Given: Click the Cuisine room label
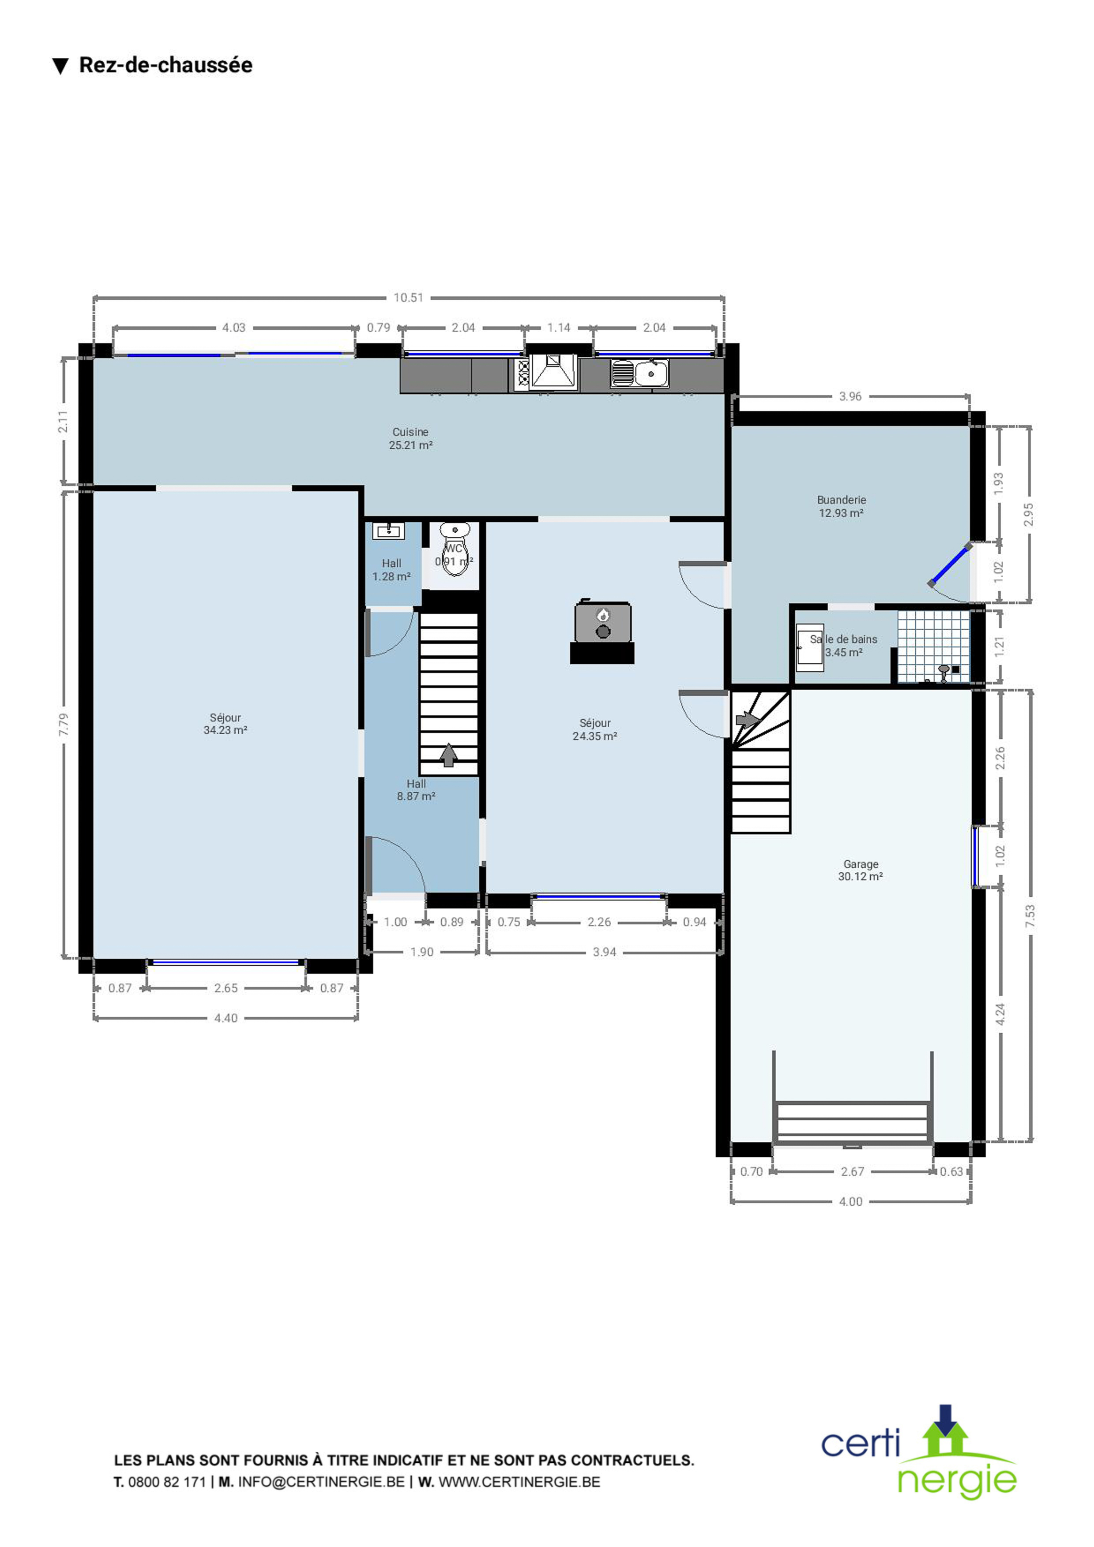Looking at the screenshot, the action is (410, 432).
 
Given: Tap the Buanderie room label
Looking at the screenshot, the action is (841, 500).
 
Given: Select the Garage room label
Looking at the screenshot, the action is (861, 864).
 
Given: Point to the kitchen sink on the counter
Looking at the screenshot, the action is (640, 373).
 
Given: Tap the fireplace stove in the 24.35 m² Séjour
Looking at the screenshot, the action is (603, 632).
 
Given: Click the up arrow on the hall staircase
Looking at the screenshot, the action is (448, 755).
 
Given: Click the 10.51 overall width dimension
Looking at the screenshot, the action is (409, 297).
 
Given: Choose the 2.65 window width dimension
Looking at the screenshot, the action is (226, 988).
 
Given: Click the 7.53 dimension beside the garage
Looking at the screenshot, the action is (1029, 916).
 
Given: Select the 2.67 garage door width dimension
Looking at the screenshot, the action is (852, 1172).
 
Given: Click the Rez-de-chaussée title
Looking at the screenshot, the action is (166, 65).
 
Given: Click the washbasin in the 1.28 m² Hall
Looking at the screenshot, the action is (388, 531).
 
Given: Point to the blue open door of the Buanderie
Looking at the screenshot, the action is (950, 565).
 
